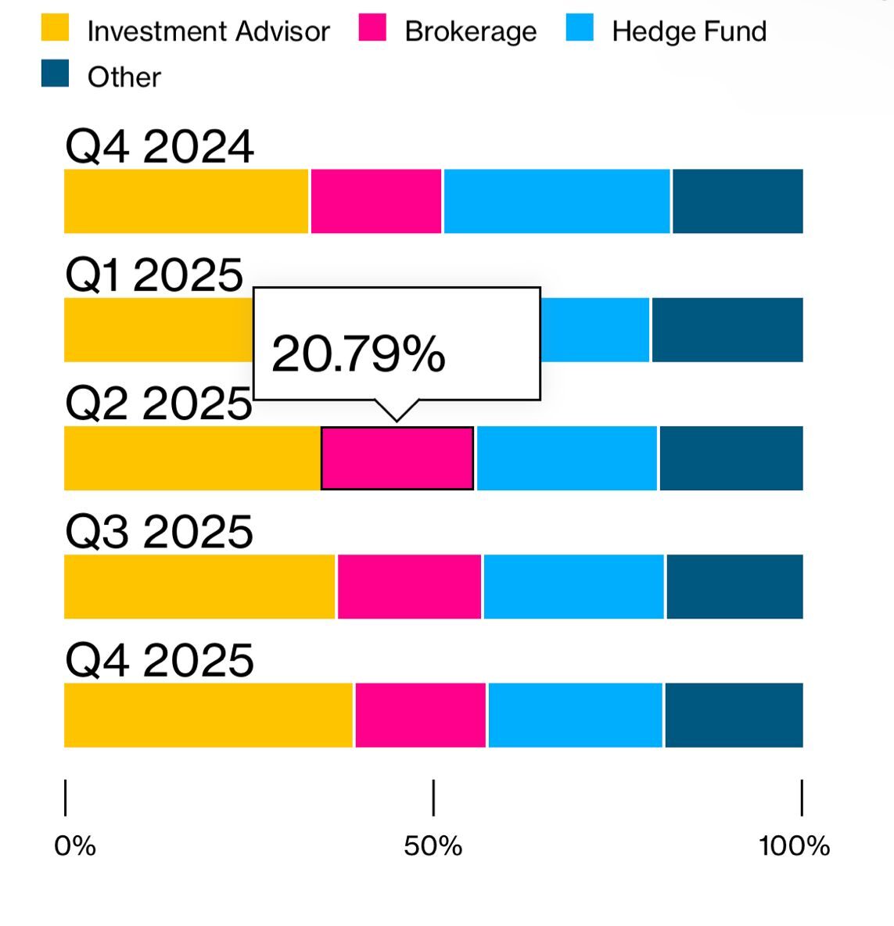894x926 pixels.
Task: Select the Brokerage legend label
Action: [x=470, y=31]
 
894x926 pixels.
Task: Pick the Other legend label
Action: [x=124, y=77]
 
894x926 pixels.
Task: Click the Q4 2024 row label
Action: [x=160, y=146]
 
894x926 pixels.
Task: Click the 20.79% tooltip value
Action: [x=358, y=354]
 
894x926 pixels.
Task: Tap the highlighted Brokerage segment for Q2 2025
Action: [x=397, y=458]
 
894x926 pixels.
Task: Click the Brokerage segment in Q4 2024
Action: [x=376, y=201]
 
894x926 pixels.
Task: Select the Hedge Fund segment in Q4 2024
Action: [x=557, y=201]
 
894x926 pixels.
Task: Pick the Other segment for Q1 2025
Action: [x=727, y=329]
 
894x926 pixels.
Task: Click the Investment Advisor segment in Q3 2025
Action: [x=200, y=587]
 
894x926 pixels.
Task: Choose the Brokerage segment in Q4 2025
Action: [x=421, y=715]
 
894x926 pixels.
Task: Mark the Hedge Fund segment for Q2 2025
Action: [x=567, y=458]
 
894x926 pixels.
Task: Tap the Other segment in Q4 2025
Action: [x=734, y=715]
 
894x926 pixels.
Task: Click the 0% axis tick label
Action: [x=75, y=845]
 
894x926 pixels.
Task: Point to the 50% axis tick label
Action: [x=433, y=845]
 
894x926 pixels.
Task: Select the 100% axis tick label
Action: [x=794, y=845]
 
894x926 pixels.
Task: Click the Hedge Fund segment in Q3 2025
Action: [x=574, y=587]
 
